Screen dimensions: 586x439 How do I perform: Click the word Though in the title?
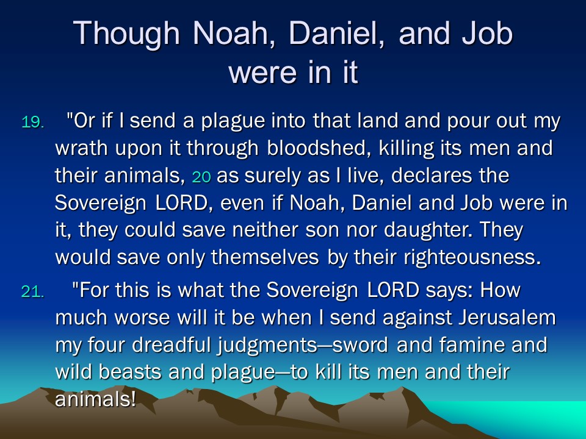(x=126, y=34)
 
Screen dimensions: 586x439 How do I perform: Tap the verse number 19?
(x=33, y=122)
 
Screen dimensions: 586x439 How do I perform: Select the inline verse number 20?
(x=201, y=177)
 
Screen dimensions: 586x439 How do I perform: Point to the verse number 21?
(x=32, y=291)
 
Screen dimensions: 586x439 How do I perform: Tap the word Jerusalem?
(x=507, y=317)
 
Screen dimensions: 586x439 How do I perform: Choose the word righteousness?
(x=472, y=257)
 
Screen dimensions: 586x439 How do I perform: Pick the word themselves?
(x=265, y=257)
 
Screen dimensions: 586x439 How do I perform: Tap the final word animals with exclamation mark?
(x=95, y=399)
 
